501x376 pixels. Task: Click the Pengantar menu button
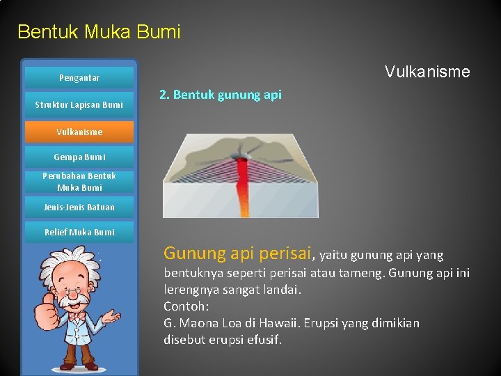click(79, 78)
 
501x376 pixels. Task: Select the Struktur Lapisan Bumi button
click(79, 105)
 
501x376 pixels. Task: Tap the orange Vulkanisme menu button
click(79, 132)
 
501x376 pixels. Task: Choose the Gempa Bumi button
click(79, 157)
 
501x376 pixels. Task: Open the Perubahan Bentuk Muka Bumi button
click(79, 182)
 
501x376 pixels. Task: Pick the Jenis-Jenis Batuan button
click(79, 207)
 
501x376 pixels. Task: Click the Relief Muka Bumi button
click(79, 232)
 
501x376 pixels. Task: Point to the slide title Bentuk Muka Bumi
click(99, 32)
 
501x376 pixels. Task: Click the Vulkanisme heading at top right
click(427, 72)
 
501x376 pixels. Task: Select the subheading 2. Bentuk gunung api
click(221, 95)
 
